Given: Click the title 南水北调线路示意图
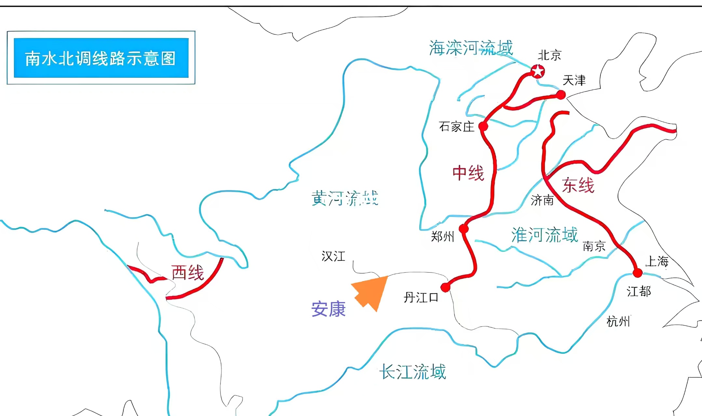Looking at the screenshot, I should (101, 59).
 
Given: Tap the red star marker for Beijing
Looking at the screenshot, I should (537, 71).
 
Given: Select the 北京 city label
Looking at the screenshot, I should (549, 55).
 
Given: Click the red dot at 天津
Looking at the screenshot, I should (561, 95).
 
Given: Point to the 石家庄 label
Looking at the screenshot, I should (457, 127).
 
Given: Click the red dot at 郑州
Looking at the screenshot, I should (464, 229).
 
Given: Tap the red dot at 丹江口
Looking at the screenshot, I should (445, 287).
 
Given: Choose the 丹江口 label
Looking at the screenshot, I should (421, 297).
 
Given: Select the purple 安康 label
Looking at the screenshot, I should (328, 309).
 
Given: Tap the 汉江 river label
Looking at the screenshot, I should (333, 256).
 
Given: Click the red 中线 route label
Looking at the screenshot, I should (468, 173).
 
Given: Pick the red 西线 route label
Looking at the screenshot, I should (187, 273).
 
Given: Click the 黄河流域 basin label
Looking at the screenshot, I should (345, 198).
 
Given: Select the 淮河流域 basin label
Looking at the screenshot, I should (545, 235).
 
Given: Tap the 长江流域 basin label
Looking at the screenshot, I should (412, 372).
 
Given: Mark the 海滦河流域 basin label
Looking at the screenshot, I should (471, 48).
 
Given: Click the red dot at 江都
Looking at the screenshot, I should (638, 273).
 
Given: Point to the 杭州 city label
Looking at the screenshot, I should (618, 322).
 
